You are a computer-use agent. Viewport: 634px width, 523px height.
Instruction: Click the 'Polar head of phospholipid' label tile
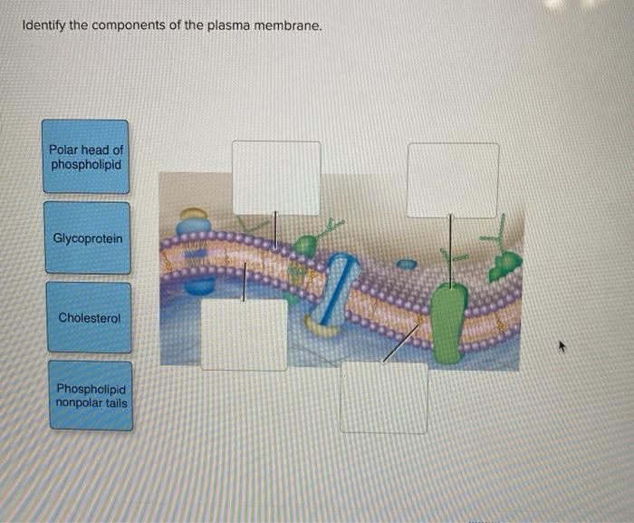tap(86, 157)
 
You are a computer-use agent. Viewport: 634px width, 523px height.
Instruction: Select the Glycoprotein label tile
tap(88, 238)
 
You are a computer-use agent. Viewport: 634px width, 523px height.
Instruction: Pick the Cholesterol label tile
tap(88, 317)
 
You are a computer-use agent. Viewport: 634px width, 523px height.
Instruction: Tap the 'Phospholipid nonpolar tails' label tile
tap(91, 396)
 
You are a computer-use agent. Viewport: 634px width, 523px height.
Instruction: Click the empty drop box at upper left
tap(276, 178)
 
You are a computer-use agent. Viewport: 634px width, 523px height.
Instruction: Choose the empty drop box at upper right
tap(452, 179)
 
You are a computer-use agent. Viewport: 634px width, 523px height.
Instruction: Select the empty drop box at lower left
tap(244, 334)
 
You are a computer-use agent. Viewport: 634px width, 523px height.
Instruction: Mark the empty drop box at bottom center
tap(384, 397)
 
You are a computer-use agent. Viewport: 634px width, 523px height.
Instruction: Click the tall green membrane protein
tap(448, 322)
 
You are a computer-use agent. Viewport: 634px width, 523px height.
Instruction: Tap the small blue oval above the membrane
tap(408, 266)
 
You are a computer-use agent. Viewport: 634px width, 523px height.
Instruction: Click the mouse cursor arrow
tap(562, 345)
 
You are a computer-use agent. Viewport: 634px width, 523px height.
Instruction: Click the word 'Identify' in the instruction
tap(42, 25)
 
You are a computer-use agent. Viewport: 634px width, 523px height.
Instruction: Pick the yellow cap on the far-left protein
tap(193, 214)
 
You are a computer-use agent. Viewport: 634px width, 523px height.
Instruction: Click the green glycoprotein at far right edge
tap(505, 264)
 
